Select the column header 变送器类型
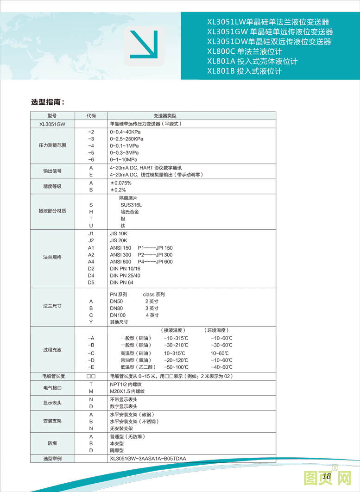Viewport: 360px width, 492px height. coord(165,116)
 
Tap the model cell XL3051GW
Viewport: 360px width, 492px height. coord(52,124)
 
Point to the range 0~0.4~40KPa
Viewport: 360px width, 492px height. coord(125,132)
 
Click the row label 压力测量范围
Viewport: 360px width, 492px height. coord(52,145)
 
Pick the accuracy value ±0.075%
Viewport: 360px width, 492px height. coord(120,183)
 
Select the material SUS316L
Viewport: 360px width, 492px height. coord(131,205)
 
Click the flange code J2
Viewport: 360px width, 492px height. coord(91,240)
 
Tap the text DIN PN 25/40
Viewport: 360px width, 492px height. coord(125,276)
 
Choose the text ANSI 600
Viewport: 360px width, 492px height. coord(120,262)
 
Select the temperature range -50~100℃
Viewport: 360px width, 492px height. coord(176,367)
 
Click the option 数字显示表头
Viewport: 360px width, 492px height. coord(124,406)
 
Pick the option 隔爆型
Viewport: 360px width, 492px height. coord(117,450)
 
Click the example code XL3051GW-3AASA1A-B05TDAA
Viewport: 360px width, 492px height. coord(148,459)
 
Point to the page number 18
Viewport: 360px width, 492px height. coord(326,476)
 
